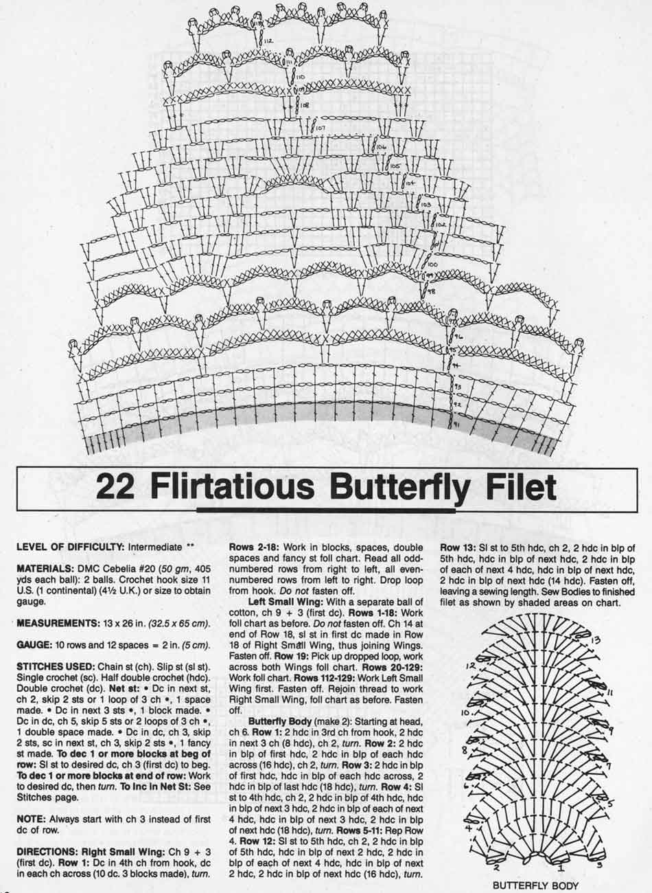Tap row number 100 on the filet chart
432,264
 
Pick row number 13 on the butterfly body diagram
596,641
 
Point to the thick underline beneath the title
325,510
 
